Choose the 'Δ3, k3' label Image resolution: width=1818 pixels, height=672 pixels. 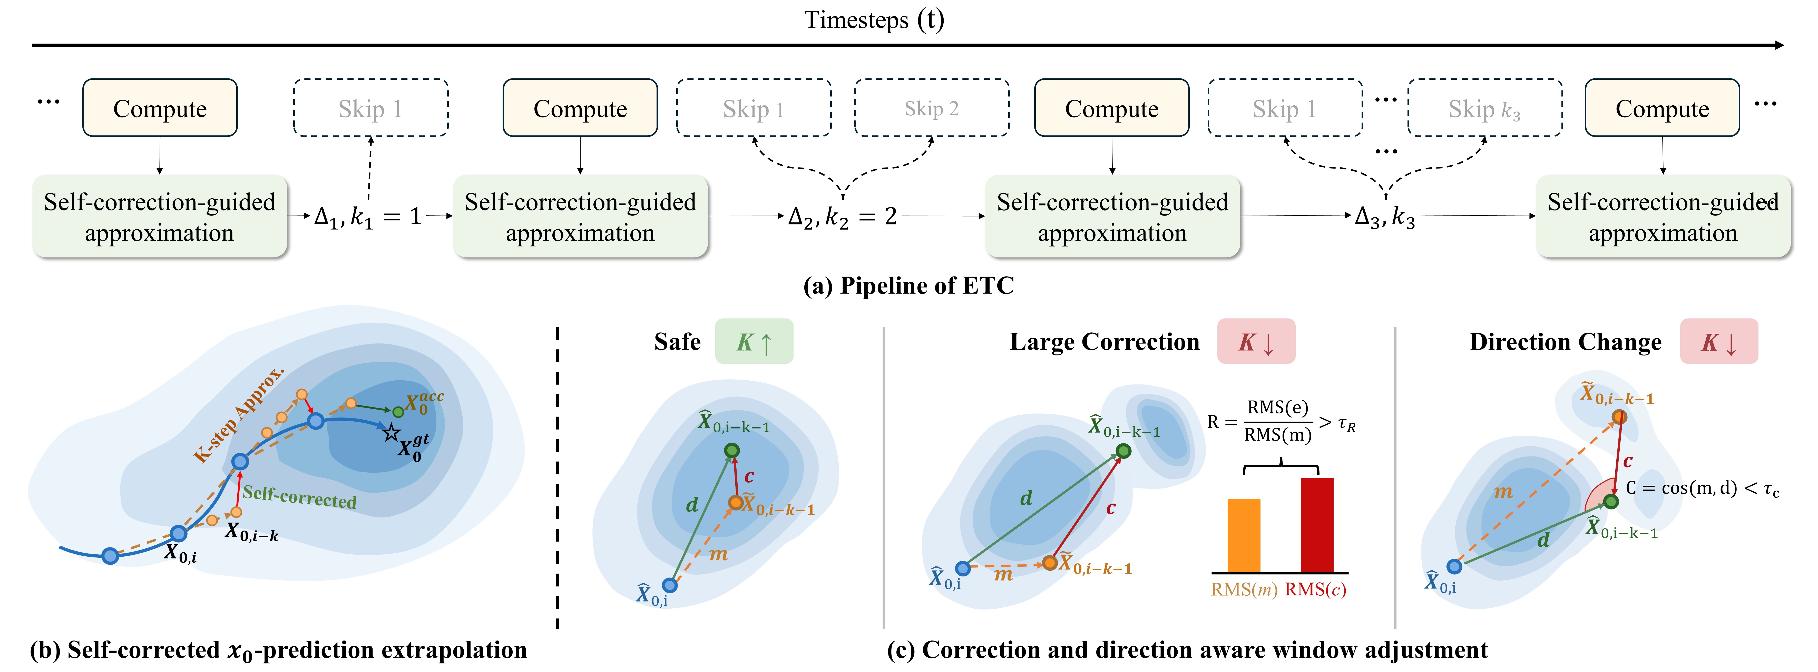[1385, 217]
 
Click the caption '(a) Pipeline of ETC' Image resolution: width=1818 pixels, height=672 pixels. [908, 286]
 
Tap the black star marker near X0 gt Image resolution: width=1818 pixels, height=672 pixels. [391, 432]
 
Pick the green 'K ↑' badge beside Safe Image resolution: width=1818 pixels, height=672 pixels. [754, 341]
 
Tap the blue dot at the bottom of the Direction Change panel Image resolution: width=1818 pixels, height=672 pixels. [1454, 566]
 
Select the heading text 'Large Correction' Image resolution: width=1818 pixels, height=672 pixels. [1105, 342]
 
